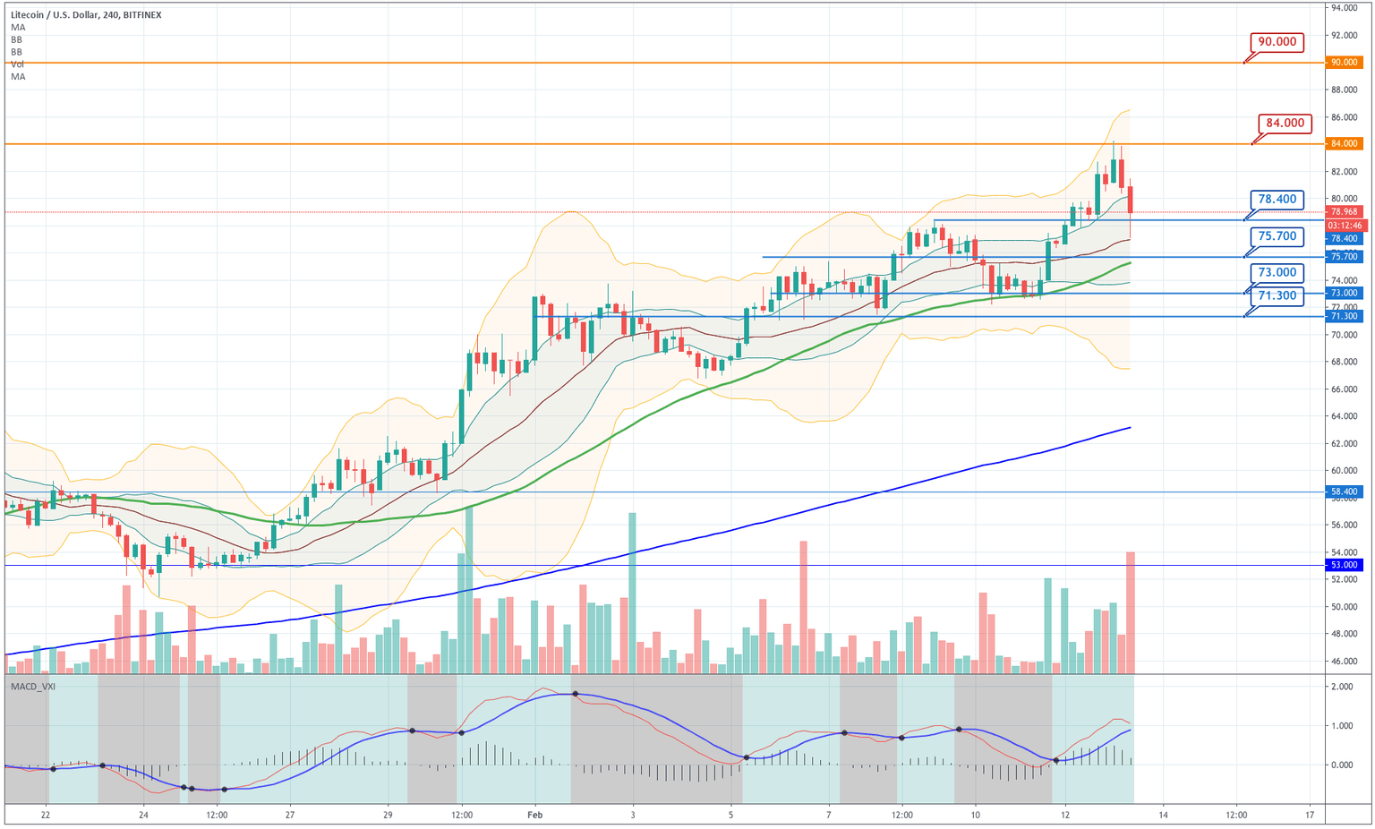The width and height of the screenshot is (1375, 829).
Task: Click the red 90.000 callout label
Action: pos(1277,42)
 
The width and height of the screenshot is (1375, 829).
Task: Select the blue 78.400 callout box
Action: pos(1277,200)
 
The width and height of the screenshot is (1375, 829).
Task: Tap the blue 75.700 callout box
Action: pos(1277,236)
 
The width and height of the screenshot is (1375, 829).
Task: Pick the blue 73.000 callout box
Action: pos(1277,272)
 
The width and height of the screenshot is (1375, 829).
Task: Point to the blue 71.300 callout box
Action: pos(1277,295)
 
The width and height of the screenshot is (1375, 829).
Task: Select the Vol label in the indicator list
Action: pos(18,64)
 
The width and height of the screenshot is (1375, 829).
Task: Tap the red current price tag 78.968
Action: pos(1345,212)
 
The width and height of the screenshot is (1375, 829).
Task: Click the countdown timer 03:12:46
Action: pos(1345,226)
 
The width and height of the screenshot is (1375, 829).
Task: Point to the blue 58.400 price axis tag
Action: pos(1345,491)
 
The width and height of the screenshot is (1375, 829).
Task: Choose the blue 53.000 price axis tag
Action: pos(1345,565)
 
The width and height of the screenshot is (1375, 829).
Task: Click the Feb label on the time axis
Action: pos(535,815)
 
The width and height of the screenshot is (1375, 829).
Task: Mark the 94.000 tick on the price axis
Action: pos(1345,8)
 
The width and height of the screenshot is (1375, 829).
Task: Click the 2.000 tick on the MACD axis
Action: pos(1341,687)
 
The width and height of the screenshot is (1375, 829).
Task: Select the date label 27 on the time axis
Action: pos(290,815)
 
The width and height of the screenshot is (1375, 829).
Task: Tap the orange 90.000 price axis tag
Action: pos(1345,63)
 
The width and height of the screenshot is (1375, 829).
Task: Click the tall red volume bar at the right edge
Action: pos(1131,612)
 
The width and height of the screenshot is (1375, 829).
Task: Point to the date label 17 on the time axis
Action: pos(1310,815)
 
